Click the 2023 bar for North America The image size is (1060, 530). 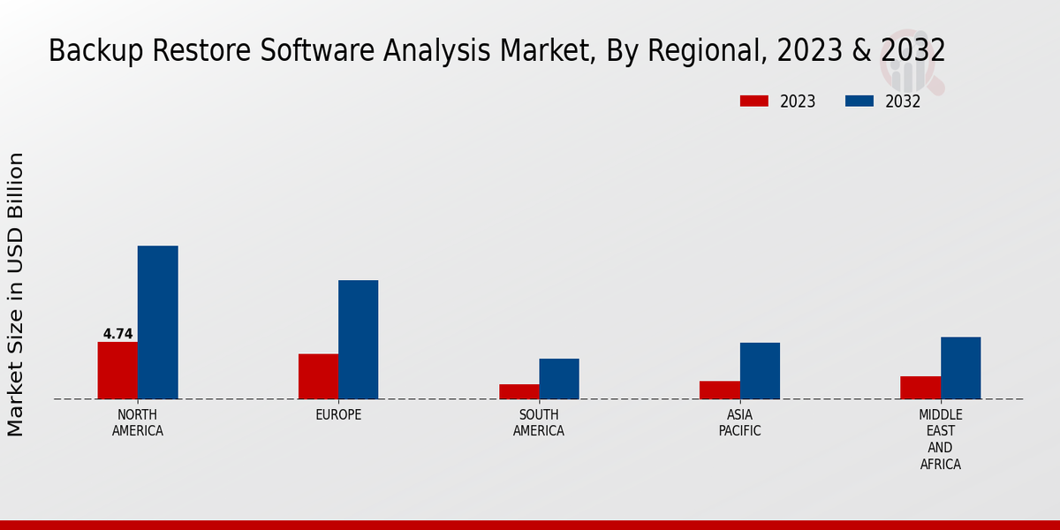(117, 370)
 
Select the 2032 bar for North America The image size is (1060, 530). (157, 322)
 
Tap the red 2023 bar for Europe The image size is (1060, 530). (318, 376)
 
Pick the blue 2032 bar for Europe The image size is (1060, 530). (358, 339)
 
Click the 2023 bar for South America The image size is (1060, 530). (519, 391)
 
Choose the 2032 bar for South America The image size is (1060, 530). (559, 379)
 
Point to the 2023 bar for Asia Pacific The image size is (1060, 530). (719, 390)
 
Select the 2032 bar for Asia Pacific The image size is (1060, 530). (760, 371)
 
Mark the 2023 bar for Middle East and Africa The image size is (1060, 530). (920, 388)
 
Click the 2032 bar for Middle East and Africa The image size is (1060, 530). (960, 367)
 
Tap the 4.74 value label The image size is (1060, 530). (117, 334)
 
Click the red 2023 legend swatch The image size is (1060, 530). (753, 102)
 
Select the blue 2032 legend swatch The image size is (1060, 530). (859, 102)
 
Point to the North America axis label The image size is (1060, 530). (138, 423)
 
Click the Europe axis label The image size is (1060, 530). (338, 415)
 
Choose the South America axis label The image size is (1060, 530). (539, 423)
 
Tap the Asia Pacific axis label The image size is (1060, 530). (739, 423)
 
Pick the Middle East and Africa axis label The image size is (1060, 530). (941, 439)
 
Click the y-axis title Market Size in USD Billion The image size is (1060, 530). (16, 294)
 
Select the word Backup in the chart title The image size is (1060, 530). (87, 51)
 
